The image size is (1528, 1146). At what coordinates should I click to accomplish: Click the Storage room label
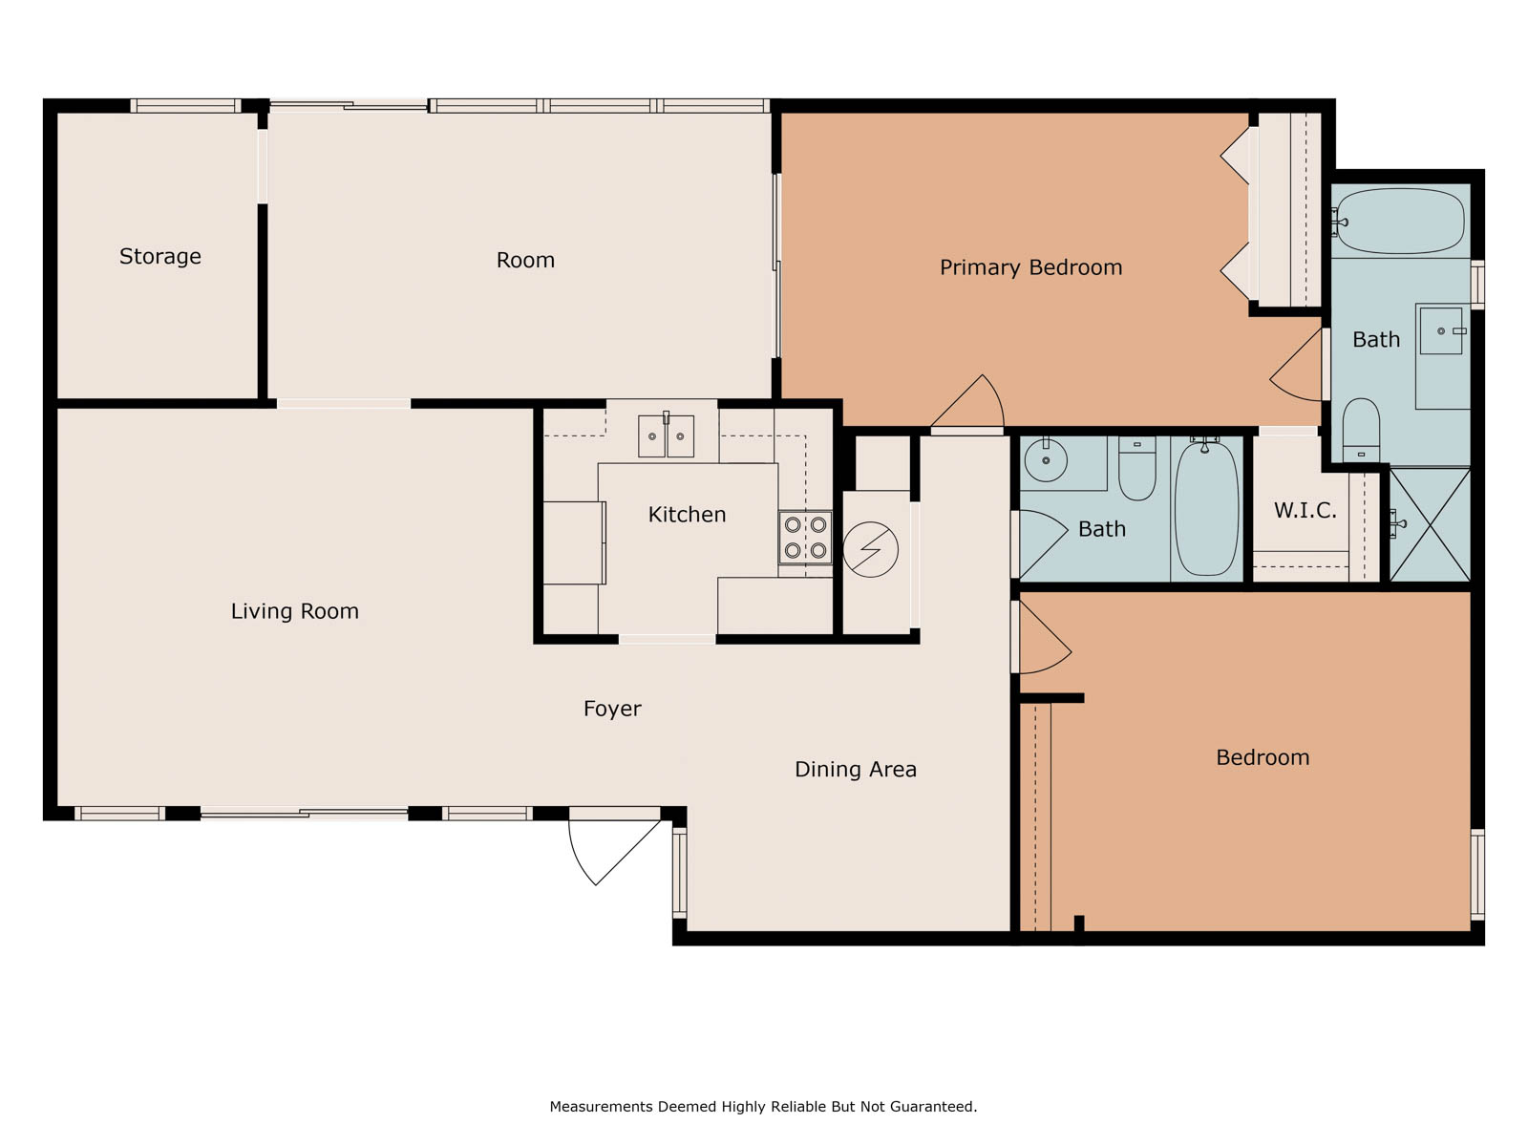[x=160, y=257]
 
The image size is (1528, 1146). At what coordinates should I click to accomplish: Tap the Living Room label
[x=294, y=611]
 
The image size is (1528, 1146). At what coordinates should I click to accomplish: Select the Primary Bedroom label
[x=1031, y=267]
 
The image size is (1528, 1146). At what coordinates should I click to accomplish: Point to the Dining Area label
[x=856, y=769]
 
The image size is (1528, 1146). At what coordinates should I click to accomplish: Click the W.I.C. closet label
[x=1305, y=510]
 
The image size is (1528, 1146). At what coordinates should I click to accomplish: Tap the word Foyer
[x=612, y=709]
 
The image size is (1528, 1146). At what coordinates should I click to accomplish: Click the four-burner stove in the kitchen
[x=805, y=537]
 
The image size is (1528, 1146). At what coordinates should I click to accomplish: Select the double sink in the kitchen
[x=667, y=436]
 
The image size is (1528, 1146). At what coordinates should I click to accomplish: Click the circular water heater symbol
[x=870, y=550]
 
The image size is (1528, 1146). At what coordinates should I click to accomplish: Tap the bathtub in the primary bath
[x=1400, y=222]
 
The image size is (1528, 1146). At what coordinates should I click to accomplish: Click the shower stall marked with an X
[x=1431, y=524]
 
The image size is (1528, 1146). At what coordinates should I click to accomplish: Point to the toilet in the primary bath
[x=1361, y=430]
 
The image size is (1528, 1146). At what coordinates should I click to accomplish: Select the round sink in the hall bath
[x=1046, y=459]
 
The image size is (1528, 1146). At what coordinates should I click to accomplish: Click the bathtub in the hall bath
[x=1207, y=509]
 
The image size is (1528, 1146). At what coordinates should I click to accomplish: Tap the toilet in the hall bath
[x=1137, y=468]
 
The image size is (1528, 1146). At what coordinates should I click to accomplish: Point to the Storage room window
[x=185, y=106]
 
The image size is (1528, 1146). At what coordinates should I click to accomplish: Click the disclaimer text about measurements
[x=764, y=1106]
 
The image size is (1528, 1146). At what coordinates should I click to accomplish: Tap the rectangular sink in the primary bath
[x=1441, y=331]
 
